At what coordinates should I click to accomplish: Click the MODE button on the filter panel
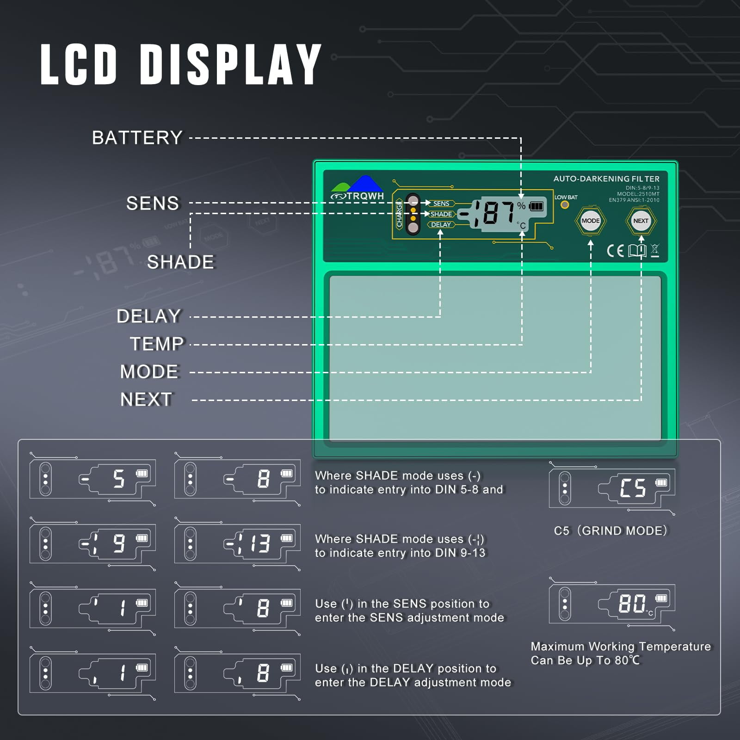590,221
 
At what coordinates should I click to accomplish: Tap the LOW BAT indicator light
565,204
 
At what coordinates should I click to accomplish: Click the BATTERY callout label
137,138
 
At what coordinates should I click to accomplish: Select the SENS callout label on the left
153,203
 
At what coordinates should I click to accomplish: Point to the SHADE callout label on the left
180,262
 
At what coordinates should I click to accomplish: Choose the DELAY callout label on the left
148,316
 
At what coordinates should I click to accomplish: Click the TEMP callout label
157,344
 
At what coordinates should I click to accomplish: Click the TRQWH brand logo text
365,196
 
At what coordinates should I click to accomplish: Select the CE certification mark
615,251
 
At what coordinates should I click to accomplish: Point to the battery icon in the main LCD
536,206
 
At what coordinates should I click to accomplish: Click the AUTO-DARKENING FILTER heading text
606,179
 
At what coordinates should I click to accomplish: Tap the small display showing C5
612,488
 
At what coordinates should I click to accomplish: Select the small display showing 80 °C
612,604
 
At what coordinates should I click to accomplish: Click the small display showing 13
237,543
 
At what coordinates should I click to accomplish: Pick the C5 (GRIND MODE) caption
610,530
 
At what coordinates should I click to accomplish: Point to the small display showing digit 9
92,543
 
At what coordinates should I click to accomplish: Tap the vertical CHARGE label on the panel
399,214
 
